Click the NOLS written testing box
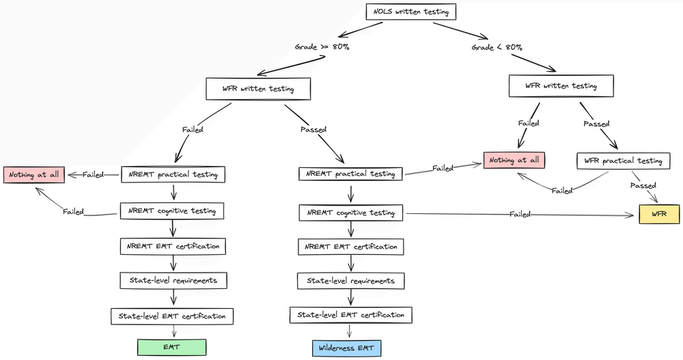(x=410, y=12)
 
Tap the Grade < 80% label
(x=497, y=47)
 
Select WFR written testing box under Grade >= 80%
(x=259, y=88)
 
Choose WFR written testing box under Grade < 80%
(x=561, y=86)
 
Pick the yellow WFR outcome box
(x=659, y=214)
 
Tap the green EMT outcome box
(x=172, y=347)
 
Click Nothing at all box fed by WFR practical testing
(x=517, y=161)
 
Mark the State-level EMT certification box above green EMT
(x=172, y=316)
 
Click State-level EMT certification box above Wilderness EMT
(x=351, y=315)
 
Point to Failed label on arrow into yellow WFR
(x=520, y=214)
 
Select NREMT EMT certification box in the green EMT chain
(x=173, y=245)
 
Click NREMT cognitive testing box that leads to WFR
(x=352, y=212)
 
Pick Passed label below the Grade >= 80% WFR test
(x=313, y=128)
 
